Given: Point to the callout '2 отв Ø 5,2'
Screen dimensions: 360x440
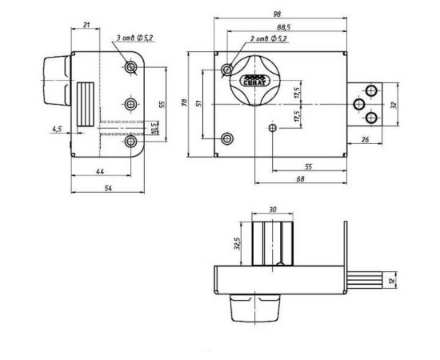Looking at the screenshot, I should point(269,39).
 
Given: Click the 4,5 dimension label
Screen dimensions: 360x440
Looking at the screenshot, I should point(56,127).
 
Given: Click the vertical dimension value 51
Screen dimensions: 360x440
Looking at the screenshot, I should point(199,103).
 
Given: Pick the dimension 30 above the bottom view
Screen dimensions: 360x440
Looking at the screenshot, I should point(273,210).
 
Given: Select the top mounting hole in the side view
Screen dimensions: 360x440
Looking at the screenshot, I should point(130,70).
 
